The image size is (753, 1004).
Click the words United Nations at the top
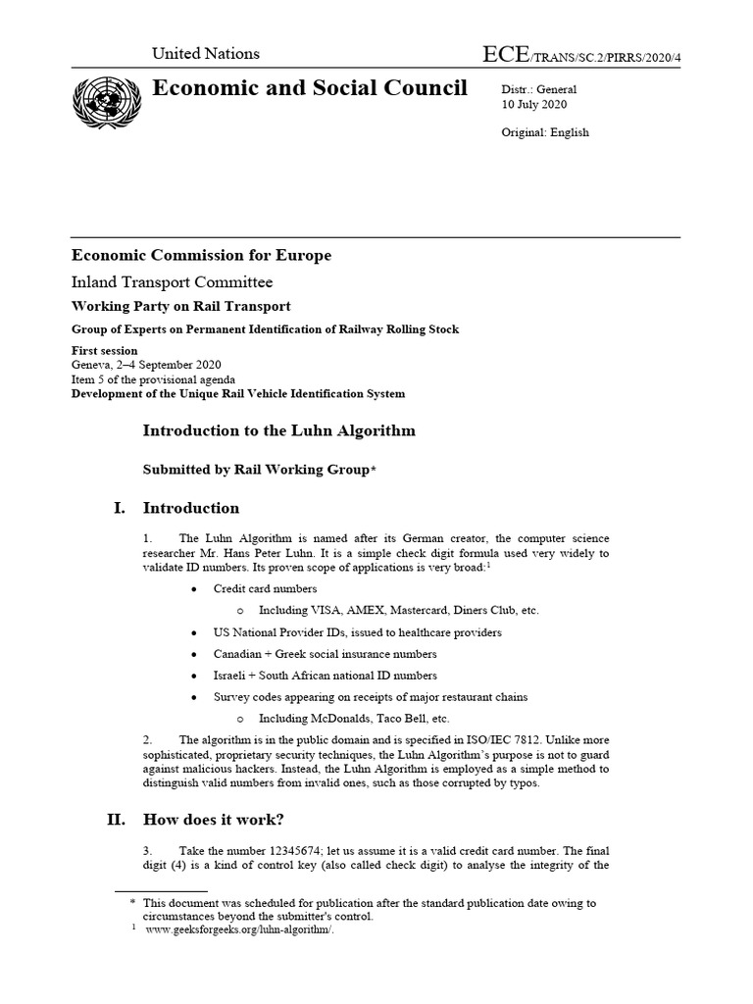point(205,54)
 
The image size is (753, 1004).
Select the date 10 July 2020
point(534,105)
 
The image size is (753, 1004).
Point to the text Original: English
point(545,132)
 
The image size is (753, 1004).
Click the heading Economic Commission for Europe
point(201,256)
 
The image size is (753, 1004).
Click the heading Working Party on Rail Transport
point(180,307)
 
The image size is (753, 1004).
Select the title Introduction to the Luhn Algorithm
point(279,430)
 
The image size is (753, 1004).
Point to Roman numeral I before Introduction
point(121,509)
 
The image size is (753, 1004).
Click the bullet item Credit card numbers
point(266,589)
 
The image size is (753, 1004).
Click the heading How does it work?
point(214,820)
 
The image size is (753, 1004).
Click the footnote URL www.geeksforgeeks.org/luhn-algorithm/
point(240,930)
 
